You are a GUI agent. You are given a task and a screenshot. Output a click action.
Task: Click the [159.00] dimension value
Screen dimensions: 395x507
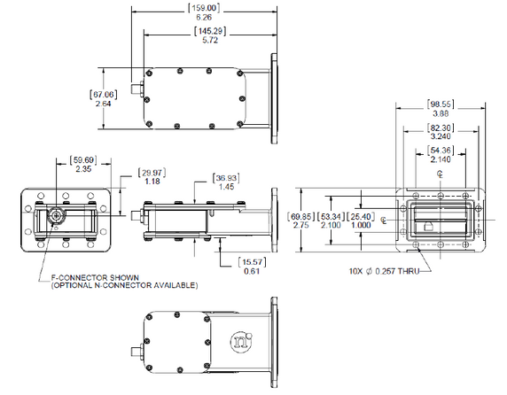204,8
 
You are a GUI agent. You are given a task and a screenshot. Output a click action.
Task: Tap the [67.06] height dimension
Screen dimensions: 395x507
103,93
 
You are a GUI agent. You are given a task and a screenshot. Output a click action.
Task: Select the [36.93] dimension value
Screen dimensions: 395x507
225,177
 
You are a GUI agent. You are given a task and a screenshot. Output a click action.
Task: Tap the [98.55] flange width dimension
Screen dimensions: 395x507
440,105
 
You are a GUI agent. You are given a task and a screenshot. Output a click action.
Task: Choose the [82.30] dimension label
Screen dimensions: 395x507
440,128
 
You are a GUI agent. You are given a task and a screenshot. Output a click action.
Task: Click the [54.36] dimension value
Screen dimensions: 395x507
440,151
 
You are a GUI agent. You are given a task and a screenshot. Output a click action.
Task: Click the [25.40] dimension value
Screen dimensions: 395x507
361,216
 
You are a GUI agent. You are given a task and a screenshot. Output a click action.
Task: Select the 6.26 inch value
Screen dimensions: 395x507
204,18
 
